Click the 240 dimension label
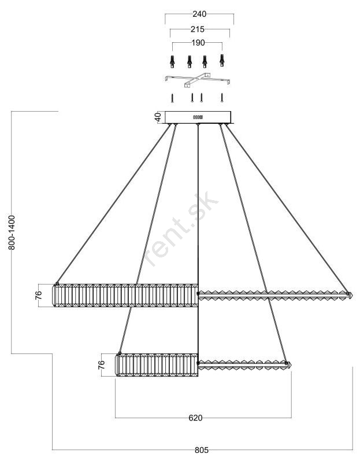[x=199, y=14]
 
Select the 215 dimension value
[x=198, y=29]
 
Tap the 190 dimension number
[x=198, y=43]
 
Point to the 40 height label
[x=158, y=117]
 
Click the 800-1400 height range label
[x=12, y=233]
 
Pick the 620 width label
[x=195, y=418]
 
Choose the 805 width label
[x=202, y=450]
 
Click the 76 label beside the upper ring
[x=39, y=295]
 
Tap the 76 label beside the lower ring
[x=101, y=365]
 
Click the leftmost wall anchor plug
[x=172, y=61]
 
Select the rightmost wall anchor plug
[x=222, y=60]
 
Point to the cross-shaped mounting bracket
[x=197, y=80]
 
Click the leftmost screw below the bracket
[x=173, y=98]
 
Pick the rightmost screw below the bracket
[x=222, y=98]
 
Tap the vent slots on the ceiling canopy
[x=198, y=117]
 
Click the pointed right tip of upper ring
[x=352, y=295]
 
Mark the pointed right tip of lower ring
[x=291, y=365]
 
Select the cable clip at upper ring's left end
[x=57, y=283]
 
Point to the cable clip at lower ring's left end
[x=120, y=353]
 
